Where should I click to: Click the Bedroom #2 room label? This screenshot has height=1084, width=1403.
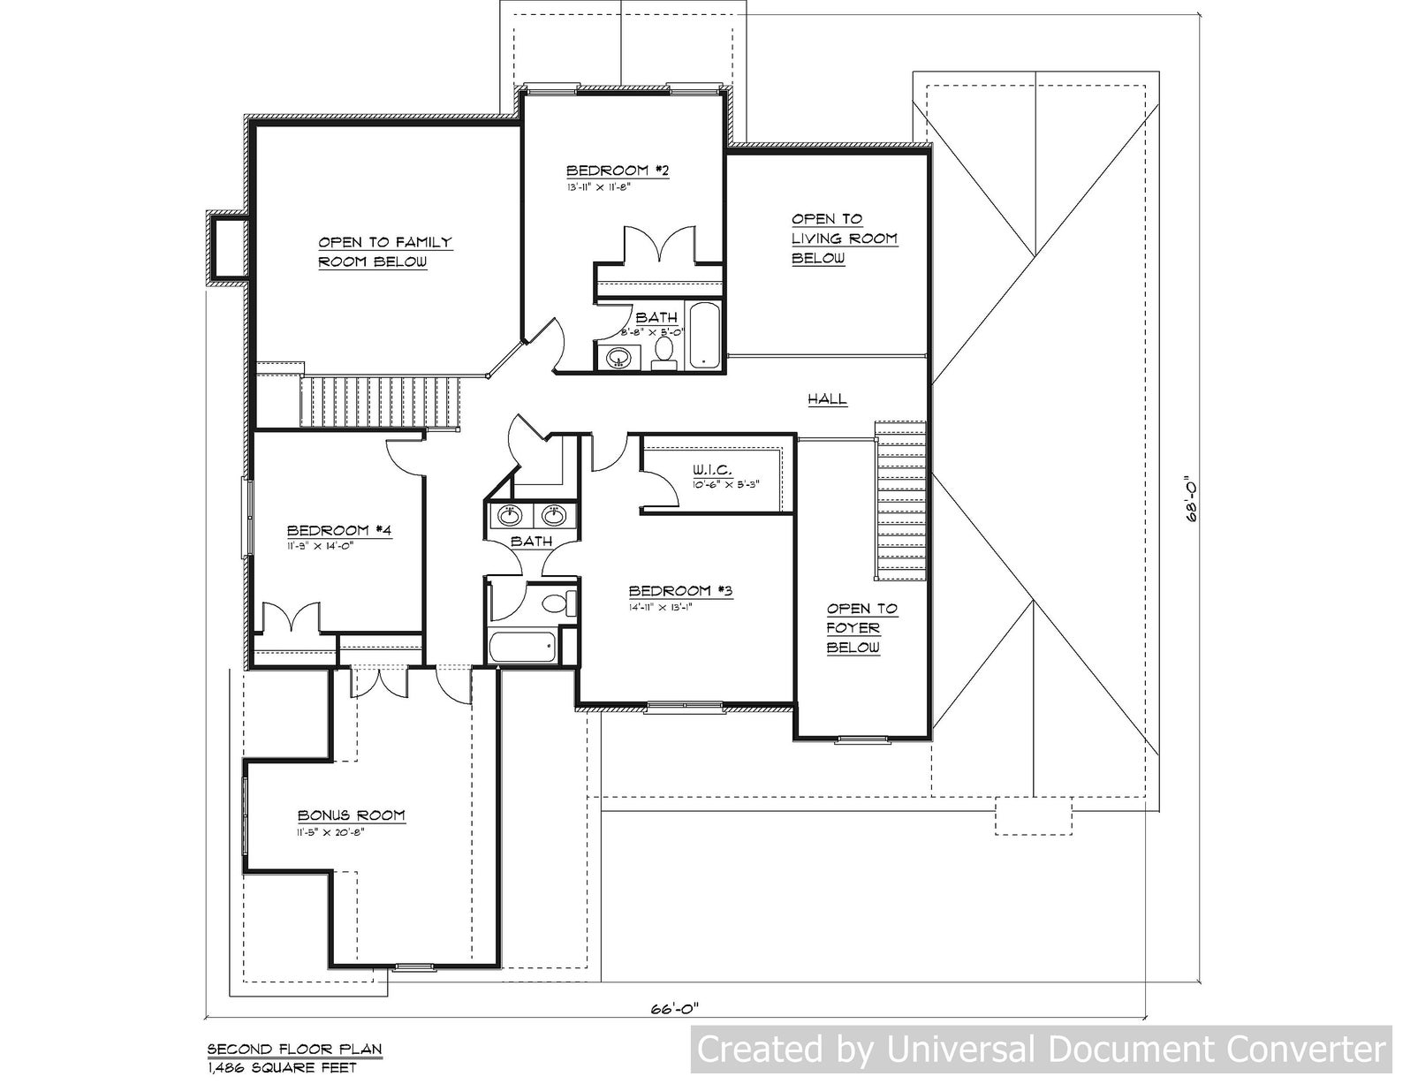617,171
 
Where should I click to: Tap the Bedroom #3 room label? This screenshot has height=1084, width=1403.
680,591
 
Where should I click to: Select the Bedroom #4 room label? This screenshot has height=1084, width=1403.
339,530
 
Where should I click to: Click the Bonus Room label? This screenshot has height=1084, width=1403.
351,815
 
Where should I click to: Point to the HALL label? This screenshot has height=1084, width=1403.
828,399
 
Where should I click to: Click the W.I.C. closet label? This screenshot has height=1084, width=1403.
712,471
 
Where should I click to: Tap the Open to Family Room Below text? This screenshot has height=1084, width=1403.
384,252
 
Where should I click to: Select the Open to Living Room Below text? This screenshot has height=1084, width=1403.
844,239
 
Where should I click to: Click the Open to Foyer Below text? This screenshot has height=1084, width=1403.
861,628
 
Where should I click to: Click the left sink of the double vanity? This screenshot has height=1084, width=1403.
508,514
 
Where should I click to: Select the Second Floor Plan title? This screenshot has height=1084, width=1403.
294,1050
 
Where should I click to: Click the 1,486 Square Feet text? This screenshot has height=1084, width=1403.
282,1068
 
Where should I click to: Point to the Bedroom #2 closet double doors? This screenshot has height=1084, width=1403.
658,245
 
